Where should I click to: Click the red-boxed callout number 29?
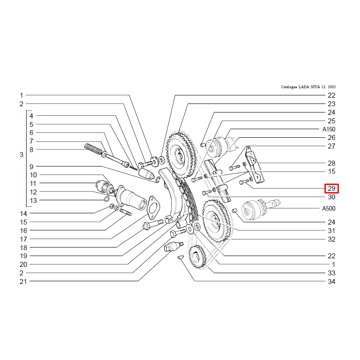click(x=331, y=189)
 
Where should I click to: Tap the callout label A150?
click(x=329, y=129)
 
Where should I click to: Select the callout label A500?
click(x=329, y=208)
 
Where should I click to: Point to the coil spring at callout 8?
click(x=93, y=148)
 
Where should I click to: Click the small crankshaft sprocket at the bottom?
click(x=197, y=256)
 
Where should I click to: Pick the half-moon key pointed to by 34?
click(x=181, y=257)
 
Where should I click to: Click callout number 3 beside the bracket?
click(x=21, y=155)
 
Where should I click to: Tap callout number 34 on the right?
click(x=331, y=282)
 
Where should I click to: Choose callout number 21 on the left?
click(x=23, y=282)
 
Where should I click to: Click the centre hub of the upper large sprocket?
click(x=179, y=155)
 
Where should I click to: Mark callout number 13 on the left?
click(x=33, y=201)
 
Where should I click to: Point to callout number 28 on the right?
click(x=331, y=163)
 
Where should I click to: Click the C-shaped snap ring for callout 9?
click(x=158, y=180)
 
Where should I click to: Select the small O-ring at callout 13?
click(x=107, y=199)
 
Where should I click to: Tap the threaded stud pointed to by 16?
click(x=126, y=212)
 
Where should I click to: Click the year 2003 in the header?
click(x=332, y=87)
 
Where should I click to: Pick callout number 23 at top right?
click(x=331, y=104)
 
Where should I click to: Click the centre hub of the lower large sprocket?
click(x=215, y=220)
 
